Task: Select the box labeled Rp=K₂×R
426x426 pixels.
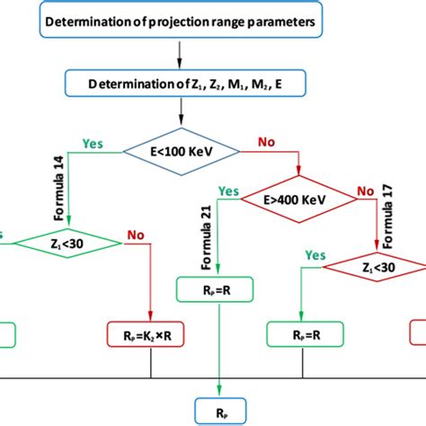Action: (150, 334)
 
